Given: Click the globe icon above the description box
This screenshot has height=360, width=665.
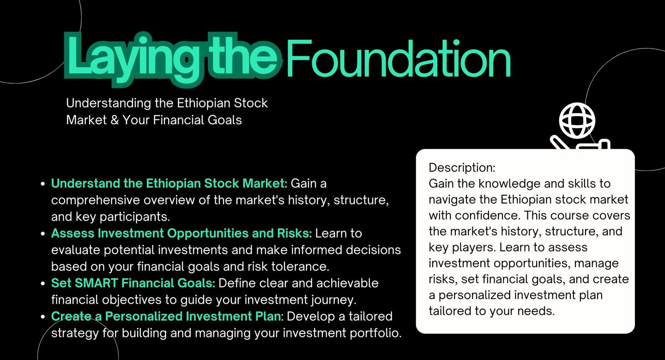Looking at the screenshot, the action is click(x=577, y=120).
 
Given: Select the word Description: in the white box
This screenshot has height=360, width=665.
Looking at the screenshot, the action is click(x=462, y=168).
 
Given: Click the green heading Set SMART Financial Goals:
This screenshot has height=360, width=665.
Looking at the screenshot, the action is click(x=133, y=283).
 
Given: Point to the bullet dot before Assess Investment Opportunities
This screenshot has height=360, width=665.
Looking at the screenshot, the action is click(x=43, y=234).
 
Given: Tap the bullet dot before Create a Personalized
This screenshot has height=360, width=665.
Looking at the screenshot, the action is click(x=43, y=317).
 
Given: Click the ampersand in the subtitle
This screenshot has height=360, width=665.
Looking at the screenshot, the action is click(x=115, y=120).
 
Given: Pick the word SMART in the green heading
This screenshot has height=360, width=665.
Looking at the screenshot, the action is click(x=97, y=283).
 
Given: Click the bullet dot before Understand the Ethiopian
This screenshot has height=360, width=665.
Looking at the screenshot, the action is click(x=43, y=184).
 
